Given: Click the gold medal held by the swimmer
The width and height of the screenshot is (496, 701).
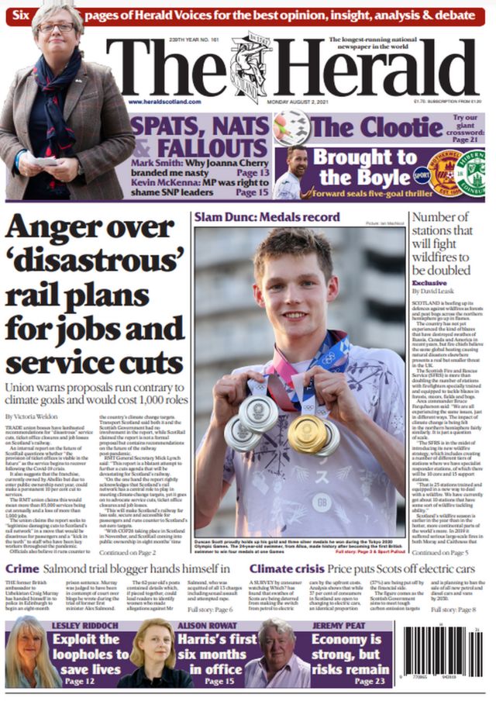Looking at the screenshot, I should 306,433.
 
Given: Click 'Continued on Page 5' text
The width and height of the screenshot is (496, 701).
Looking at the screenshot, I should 440,552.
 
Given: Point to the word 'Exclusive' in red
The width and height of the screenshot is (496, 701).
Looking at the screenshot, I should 429,283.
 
